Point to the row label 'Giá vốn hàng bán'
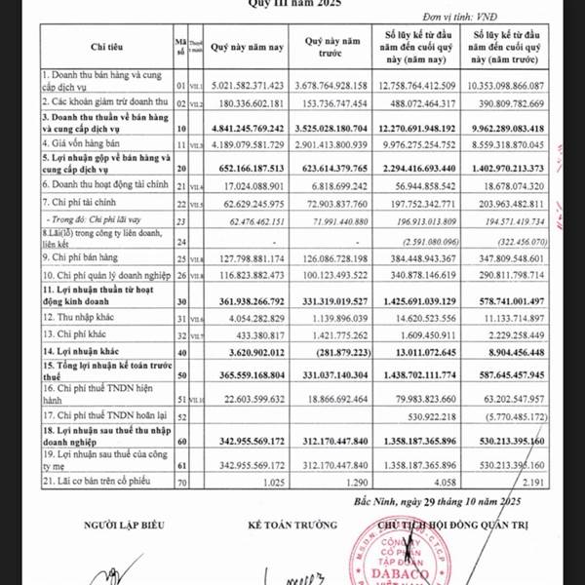click(x=82, y=144)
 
